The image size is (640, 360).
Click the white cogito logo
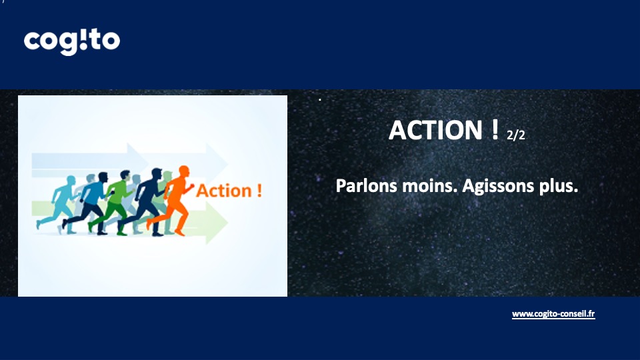(72, 41)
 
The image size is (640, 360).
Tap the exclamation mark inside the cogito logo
(83, 39)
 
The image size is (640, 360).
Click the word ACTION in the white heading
(435, 130)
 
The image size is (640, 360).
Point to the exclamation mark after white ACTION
(495, 129)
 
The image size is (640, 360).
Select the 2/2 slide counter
(516, 135)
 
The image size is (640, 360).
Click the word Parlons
(366, 186)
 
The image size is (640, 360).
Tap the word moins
(429, 186)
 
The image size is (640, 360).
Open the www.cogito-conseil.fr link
(553, 314)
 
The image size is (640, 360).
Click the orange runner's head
(184, 171)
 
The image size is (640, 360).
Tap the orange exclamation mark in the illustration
(259, 191)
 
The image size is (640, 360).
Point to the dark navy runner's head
(157, 173)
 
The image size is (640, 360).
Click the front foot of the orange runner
(180, 233)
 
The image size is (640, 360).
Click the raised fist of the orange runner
(192, 186)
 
